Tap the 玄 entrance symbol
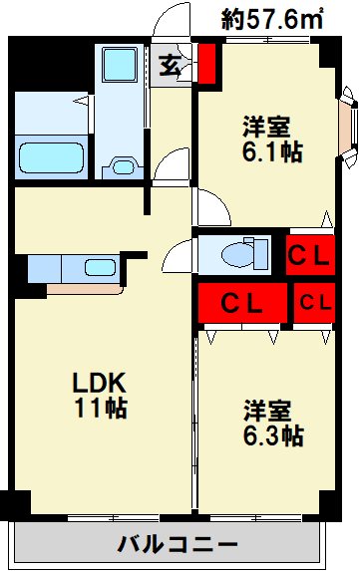tap(169, 67)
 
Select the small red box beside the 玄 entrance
tap(207, 64)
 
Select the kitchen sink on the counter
tap(99, 268)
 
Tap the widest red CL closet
tap(242, 302)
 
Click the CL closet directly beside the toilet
tap(308, 254)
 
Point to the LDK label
tap(98, 384)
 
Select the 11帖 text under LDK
tap(98, 409)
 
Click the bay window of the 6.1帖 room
tap(348, 122)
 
